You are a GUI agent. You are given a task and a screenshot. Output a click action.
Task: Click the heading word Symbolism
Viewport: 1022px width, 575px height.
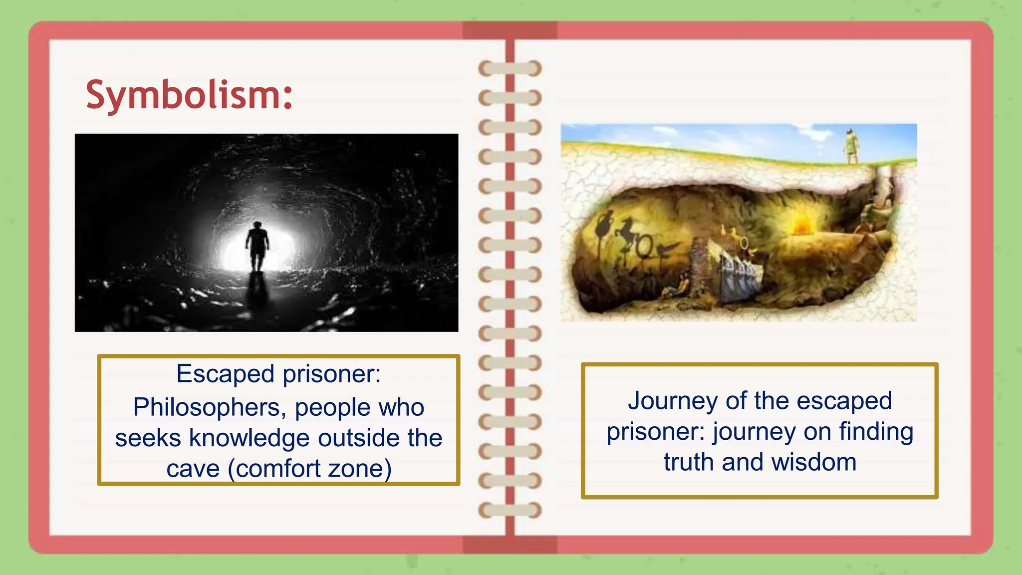click(189, 95)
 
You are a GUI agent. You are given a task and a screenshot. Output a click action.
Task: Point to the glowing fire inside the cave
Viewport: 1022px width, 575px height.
click(800, 225)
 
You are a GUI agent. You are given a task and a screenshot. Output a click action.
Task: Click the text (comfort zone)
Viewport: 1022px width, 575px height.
click(309, 469)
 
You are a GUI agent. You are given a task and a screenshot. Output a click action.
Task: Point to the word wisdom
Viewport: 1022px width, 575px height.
click(814, 462)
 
